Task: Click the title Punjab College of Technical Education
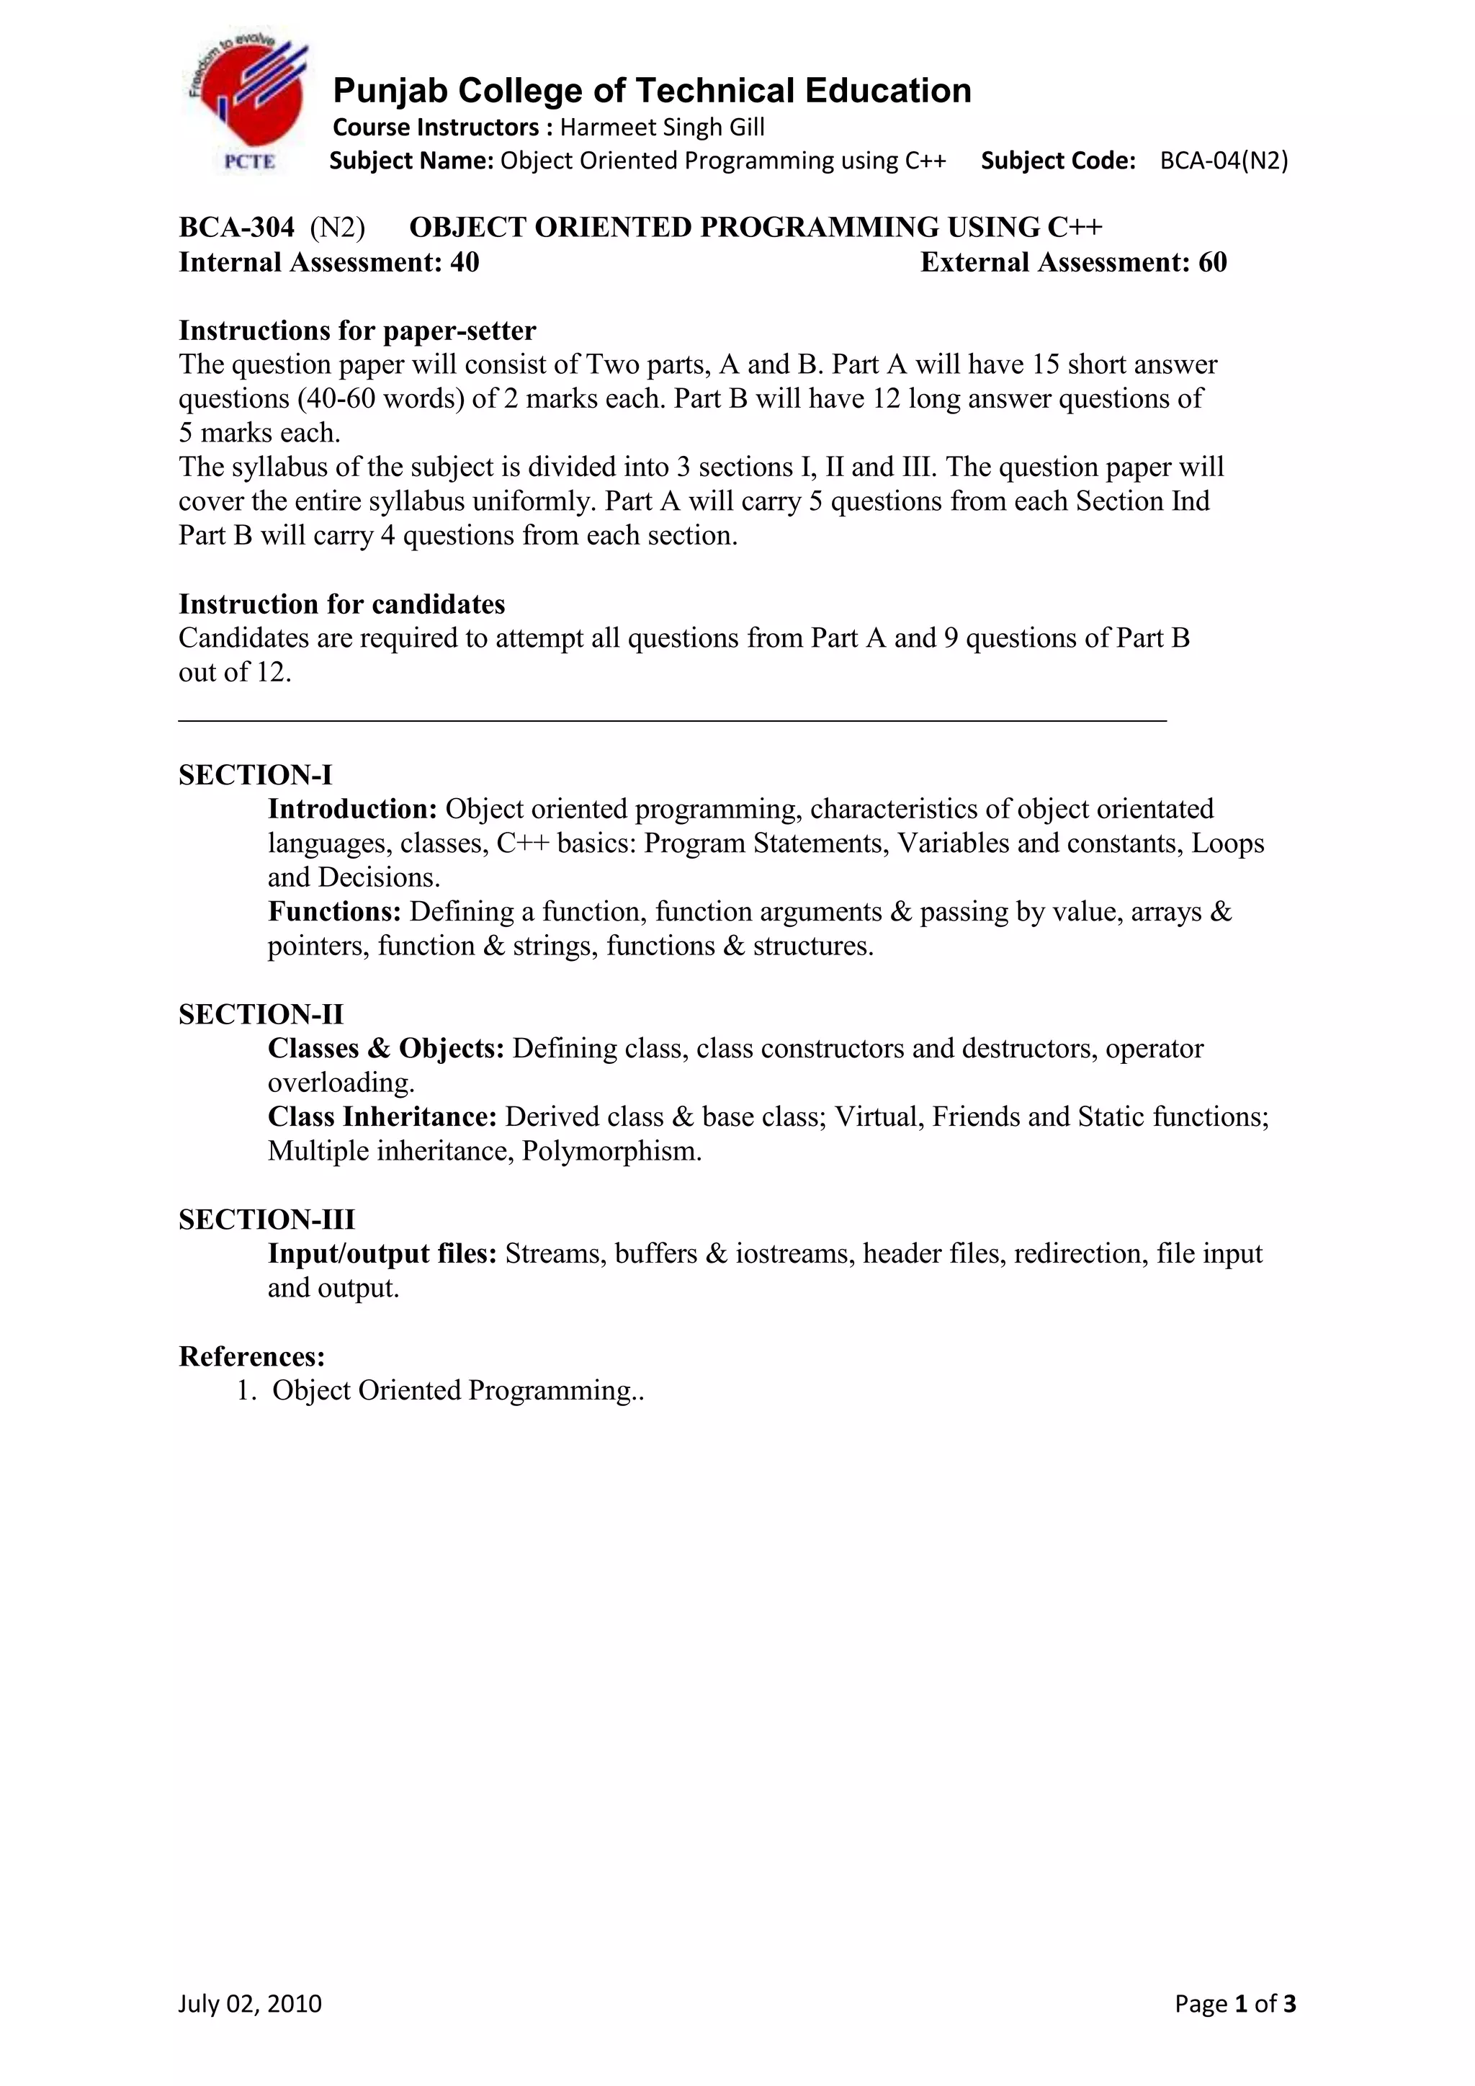(651, 91)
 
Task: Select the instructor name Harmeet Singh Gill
(662, 127)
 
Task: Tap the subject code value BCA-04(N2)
(1224, 161)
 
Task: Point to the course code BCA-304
(236, 227)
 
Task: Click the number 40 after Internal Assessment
(464, 263)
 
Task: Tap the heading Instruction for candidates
(341, 604)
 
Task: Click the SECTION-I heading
(255, 775)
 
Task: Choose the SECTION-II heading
(261, 1014)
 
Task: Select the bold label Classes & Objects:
(385, 1049)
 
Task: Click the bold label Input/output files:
(382, 1254)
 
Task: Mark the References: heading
(251, 1356)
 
